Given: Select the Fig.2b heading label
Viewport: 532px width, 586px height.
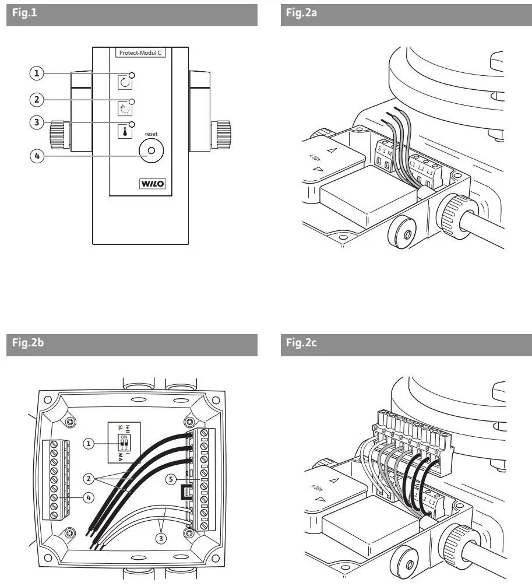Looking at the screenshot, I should (28, 343).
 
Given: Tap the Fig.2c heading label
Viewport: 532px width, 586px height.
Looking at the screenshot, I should (301, 343).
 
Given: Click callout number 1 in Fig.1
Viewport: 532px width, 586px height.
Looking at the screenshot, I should (37, 73).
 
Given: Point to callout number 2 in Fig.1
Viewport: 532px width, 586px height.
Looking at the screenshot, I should (37, 100).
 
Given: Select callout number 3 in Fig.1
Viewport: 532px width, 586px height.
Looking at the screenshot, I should (37, 122).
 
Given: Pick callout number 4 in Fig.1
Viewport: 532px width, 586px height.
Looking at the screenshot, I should (37, 156).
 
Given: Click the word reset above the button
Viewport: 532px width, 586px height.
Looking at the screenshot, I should (152, 134).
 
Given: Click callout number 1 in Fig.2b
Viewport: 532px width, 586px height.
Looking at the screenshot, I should (89, 444).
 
